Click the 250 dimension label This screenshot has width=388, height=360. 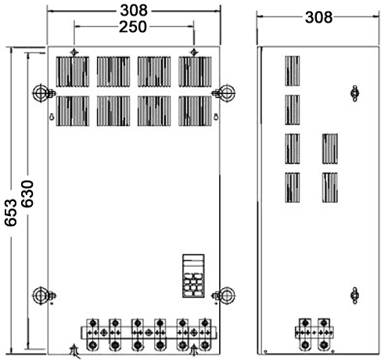point(133,27)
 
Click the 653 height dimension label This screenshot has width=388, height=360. point(11,212)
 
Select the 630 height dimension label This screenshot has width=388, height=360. point(27,194)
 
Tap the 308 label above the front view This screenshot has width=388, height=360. point(134,11)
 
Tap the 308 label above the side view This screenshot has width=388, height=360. point(318,17)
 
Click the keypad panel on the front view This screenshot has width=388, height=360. point(193,275)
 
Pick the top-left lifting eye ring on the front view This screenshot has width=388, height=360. point(41,93)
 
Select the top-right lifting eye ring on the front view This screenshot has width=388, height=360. point(227,93)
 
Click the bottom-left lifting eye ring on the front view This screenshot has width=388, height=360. point(41,296)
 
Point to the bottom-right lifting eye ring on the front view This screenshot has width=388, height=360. point(227,296)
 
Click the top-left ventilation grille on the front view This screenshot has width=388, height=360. point(73,71)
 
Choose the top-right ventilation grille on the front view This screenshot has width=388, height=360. point(195,71)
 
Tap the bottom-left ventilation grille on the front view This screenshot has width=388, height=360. point(73,111)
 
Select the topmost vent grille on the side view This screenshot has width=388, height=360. point(293,70)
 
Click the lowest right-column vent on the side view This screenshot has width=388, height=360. point(330,187)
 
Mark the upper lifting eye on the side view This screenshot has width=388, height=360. point(354,93)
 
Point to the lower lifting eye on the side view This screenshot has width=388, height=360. point(354,295)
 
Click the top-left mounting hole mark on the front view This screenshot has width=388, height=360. point(74,52)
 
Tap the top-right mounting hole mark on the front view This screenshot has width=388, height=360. point(193,52)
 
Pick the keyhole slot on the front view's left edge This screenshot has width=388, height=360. point(52,117)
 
